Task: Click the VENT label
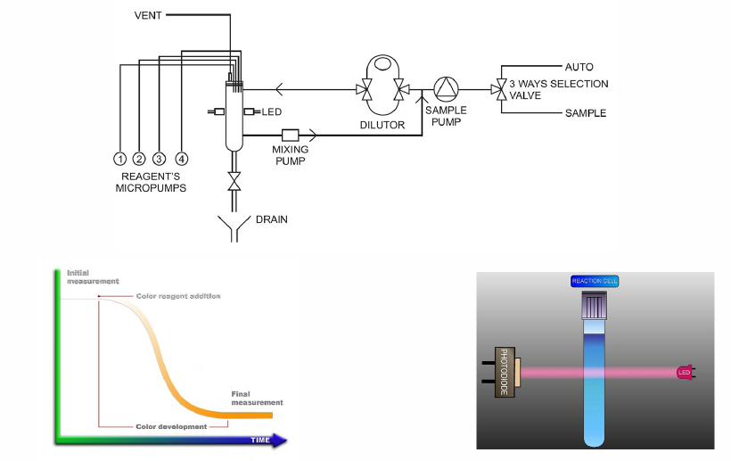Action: coord(147,15)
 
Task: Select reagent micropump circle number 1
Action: coord(119,159)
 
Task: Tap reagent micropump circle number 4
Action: coord(182,159)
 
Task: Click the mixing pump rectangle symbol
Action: coord(290,136)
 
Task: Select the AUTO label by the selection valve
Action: coord(579,67)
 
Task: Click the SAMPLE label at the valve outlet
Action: coord(585,113)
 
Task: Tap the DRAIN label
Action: coord(272,219)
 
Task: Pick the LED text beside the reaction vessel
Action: coord(272,111)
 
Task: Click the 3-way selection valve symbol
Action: coord(500,89)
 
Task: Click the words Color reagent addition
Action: coord(177,296)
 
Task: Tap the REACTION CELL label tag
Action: coord(595,281)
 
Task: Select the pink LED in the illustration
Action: coord(685,370)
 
